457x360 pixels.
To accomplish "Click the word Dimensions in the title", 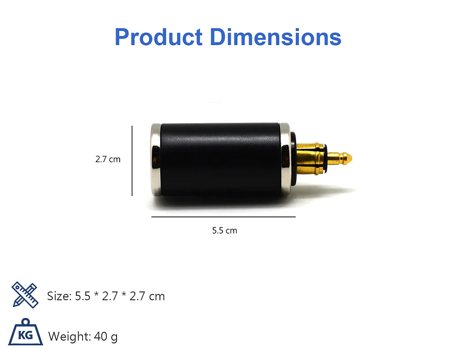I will (276, 37).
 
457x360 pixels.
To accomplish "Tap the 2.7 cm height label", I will (108, 159).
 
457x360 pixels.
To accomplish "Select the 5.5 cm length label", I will (224, 231).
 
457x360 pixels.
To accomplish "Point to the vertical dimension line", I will (132, 161).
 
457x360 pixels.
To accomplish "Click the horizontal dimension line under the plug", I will (223, 217).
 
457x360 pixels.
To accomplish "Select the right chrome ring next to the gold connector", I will (285, 160).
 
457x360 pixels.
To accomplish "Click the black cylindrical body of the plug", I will (220, 160).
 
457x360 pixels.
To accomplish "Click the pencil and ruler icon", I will (24, 295).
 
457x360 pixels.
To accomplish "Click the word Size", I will (58, 296).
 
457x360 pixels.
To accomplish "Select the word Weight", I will (69, 337).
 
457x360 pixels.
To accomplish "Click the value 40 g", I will (106, 337).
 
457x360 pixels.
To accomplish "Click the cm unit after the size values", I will (156, 296).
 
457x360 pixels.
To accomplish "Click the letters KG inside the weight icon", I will (25, 336).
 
